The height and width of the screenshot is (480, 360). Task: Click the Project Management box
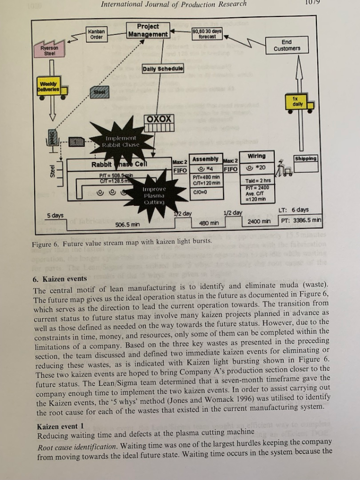(x=148, y=31)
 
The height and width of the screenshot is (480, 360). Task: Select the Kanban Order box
(x=96, y=34)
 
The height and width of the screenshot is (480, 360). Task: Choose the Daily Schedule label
(x=163, y=69)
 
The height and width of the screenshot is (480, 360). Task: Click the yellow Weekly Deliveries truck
(x=52, y=89)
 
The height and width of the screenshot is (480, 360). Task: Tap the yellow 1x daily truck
(x=298, y=103)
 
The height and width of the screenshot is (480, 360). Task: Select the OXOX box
(x=159, y=119)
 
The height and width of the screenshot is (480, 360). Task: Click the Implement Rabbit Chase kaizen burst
(x=121, y=141)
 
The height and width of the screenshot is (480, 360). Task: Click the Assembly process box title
(x=205, y=159)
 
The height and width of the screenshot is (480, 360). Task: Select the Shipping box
(x=305, y=158)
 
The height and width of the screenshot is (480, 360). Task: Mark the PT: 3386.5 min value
(x=300, y=219)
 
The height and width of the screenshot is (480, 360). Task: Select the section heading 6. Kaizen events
(x=60, y=278)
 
